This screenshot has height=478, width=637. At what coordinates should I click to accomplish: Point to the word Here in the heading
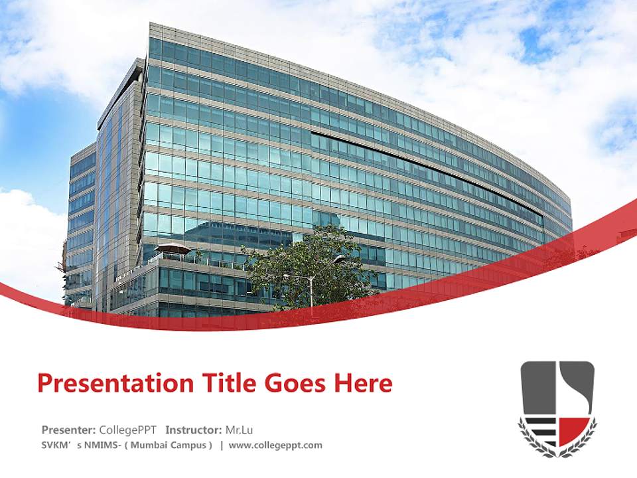tap(364, 384)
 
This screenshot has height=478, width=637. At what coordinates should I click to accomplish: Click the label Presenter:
tap(68, 429)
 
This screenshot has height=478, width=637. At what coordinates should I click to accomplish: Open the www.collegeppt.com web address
tap(275, 445)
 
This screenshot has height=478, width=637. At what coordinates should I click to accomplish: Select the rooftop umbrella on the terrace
tap(173, 248)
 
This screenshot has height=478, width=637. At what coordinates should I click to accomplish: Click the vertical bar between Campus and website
tap(222, 445)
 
